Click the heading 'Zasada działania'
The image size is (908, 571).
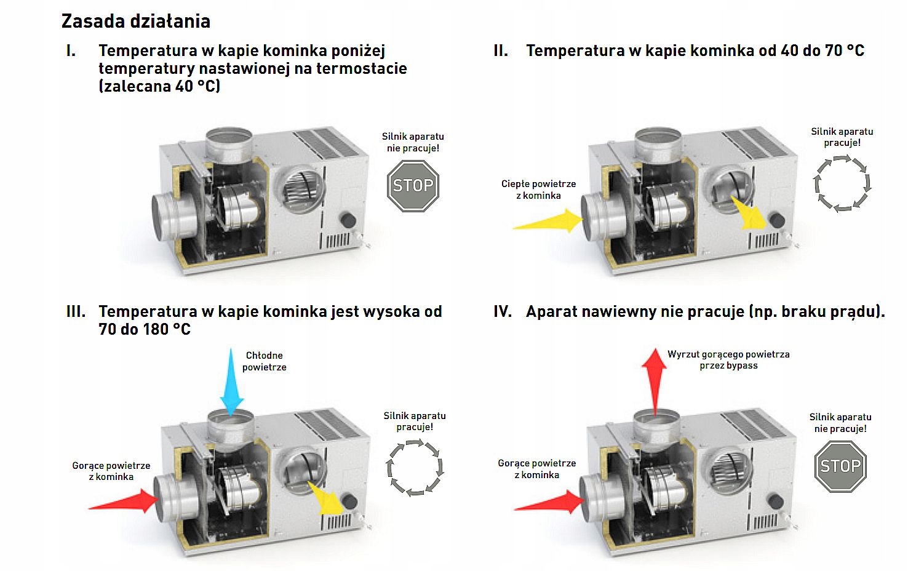point(135,22)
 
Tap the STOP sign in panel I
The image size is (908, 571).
point(413,186)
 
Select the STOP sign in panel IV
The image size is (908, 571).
point(840,466)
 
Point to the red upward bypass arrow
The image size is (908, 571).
point(655,375)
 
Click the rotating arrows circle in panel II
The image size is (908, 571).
point(842,183)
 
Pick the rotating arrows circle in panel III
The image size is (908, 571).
point(415,468)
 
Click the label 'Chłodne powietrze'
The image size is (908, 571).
point(265,361)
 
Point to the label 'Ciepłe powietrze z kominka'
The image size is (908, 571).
point(538,190)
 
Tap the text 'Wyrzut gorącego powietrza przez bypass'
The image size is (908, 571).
point(728,360)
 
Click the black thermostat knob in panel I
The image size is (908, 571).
point(348,220)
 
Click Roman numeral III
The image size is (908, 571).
point(76,312)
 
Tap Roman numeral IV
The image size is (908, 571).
point(503,312)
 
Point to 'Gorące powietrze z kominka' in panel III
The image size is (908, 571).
point(111,471)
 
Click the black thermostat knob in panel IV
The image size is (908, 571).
point(775,501)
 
